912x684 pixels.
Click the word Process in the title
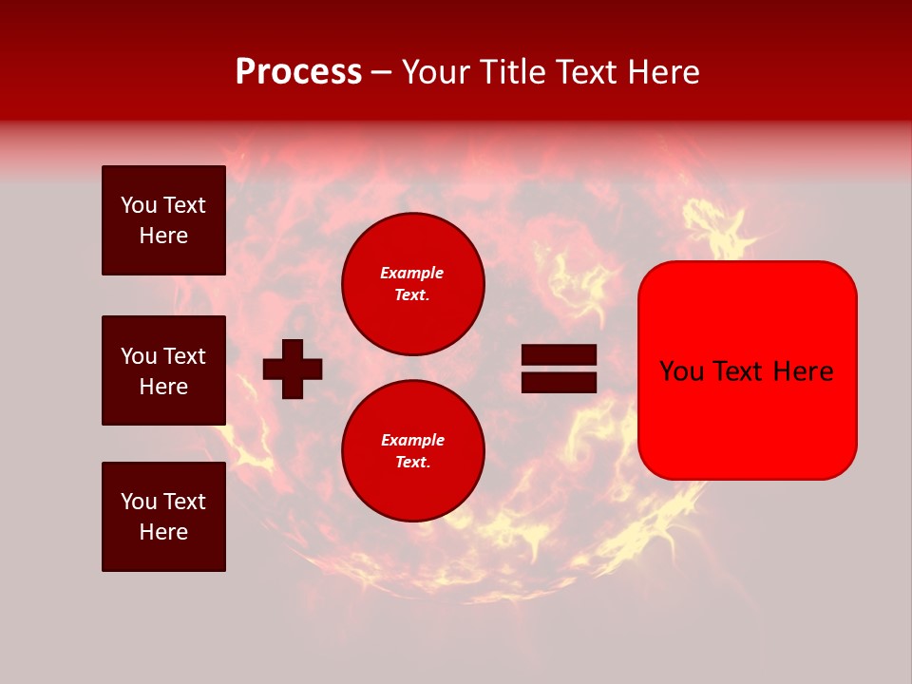tap(298, 72)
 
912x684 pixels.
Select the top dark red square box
tap(163, 220)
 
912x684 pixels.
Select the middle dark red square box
tap(163, 370)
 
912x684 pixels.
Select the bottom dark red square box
tap(163, 517)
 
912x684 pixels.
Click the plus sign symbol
tap(293, 369)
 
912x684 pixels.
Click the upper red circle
tap(413, 284)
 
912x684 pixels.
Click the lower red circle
tap(413, 451)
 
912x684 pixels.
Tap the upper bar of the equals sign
tap(559, 355)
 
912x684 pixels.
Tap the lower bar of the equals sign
tap(559, 382)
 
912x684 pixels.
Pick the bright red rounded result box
tap(747, 370)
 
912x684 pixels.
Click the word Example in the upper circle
tap(411, 273)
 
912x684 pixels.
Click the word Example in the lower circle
tap(412, 440)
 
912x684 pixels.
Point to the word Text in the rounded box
tap(742, 371)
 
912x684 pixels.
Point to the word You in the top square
tap(137, 205)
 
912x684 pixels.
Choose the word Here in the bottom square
tap(163, 532)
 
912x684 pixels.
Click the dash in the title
tap(382, 72)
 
